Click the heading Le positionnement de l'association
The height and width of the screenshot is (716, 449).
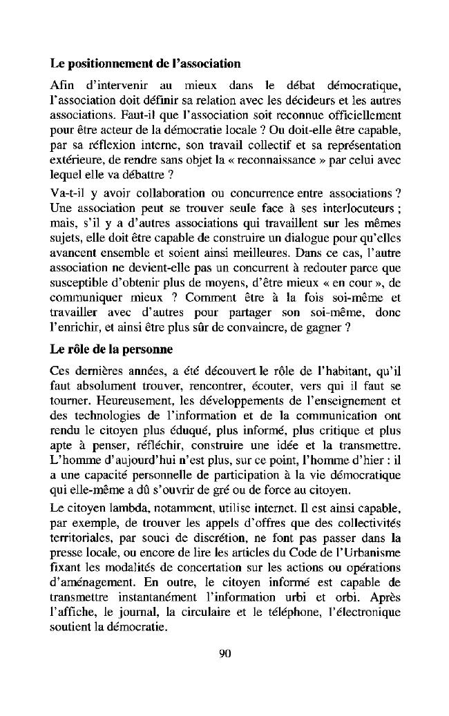146,64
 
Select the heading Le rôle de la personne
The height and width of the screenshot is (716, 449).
111,349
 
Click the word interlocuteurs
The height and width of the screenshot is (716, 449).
359,206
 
